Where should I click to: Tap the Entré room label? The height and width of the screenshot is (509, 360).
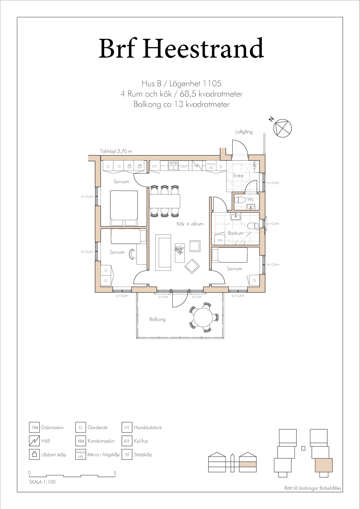tap(238, 176)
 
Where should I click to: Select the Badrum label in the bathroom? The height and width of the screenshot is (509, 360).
tap(236, 233)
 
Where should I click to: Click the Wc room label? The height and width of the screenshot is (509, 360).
tap(250, 199)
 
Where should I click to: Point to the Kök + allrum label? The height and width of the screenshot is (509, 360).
tap(190, 224)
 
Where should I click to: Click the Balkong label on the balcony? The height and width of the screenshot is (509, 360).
tap(157, 319)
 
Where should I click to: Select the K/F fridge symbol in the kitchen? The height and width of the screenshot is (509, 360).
tap(155, 166)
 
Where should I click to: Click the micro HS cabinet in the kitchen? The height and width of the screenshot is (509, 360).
tap(211, 166)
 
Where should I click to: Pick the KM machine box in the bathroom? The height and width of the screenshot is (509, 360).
tap(220, 240)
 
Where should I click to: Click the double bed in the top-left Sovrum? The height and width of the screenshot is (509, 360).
tap(124, 208)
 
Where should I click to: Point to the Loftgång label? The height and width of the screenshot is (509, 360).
tap(244, 132)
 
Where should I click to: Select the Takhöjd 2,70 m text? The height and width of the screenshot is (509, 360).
tap(116, 151)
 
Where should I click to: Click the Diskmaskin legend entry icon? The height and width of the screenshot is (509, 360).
tap(35, 427)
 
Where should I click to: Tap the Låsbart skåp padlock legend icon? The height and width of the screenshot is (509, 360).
tap(35, 455)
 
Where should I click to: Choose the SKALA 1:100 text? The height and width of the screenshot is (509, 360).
tap(42, 482)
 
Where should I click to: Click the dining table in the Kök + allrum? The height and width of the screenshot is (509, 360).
tap(165, 201)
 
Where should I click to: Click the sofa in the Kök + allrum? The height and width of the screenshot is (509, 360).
tap(163, 252)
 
